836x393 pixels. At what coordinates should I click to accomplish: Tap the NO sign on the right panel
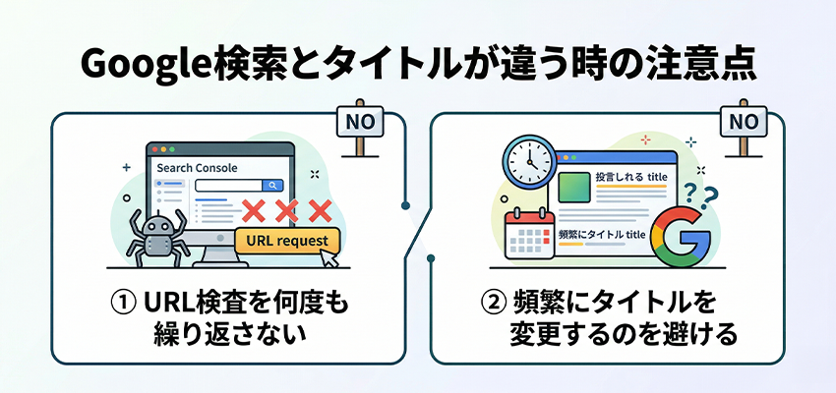(x=745, y=123)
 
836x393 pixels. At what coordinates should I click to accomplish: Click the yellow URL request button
(x=286, y=241)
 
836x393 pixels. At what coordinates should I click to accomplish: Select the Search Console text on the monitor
(x=197, y=168)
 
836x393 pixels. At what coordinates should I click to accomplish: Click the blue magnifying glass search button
(x=270, y=185)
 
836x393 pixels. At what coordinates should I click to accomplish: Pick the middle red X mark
(x=286, y=209)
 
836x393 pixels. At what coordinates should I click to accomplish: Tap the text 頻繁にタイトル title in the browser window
(x=601, y=235)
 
